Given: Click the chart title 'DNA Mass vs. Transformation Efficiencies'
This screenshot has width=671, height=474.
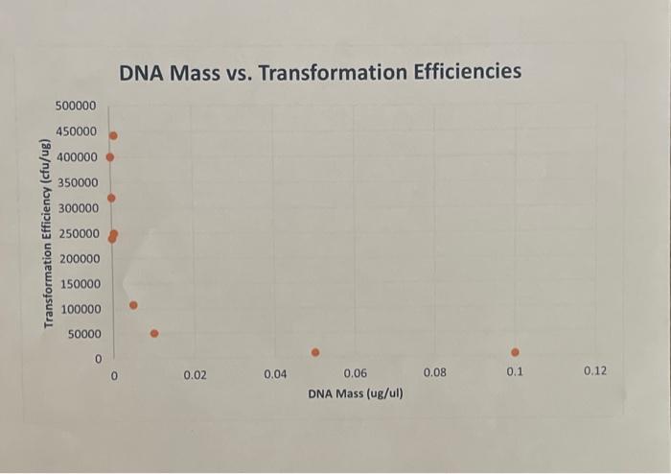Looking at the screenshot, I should tap(320, 72).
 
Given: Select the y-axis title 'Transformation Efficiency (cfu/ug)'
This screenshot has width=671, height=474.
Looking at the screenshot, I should tap(45, 233).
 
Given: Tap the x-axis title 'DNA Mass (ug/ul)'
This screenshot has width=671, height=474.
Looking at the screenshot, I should tap(356, 393).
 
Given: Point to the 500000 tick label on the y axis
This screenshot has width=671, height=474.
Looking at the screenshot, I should tap(76, 106).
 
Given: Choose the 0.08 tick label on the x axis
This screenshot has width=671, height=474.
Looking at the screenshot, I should tap(434, 371).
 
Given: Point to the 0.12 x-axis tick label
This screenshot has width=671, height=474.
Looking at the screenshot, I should tap(594, 370).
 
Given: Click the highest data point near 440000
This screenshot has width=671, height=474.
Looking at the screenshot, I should tap(113, 135).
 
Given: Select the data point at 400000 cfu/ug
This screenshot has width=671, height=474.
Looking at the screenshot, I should tap(110, 157).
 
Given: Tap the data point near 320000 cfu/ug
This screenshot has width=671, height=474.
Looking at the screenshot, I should tap(111, 198).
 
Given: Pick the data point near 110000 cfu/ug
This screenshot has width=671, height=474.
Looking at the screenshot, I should tap(133, 305).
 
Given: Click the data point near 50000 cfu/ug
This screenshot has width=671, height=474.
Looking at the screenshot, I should tap(154, 334).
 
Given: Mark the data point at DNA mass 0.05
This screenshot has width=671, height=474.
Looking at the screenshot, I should tap(314, 352).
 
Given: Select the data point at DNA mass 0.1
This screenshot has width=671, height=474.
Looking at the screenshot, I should tap(515, 352).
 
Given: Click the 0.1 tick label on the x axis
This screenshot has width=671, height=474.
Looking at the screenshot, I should tap(515, 371).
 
